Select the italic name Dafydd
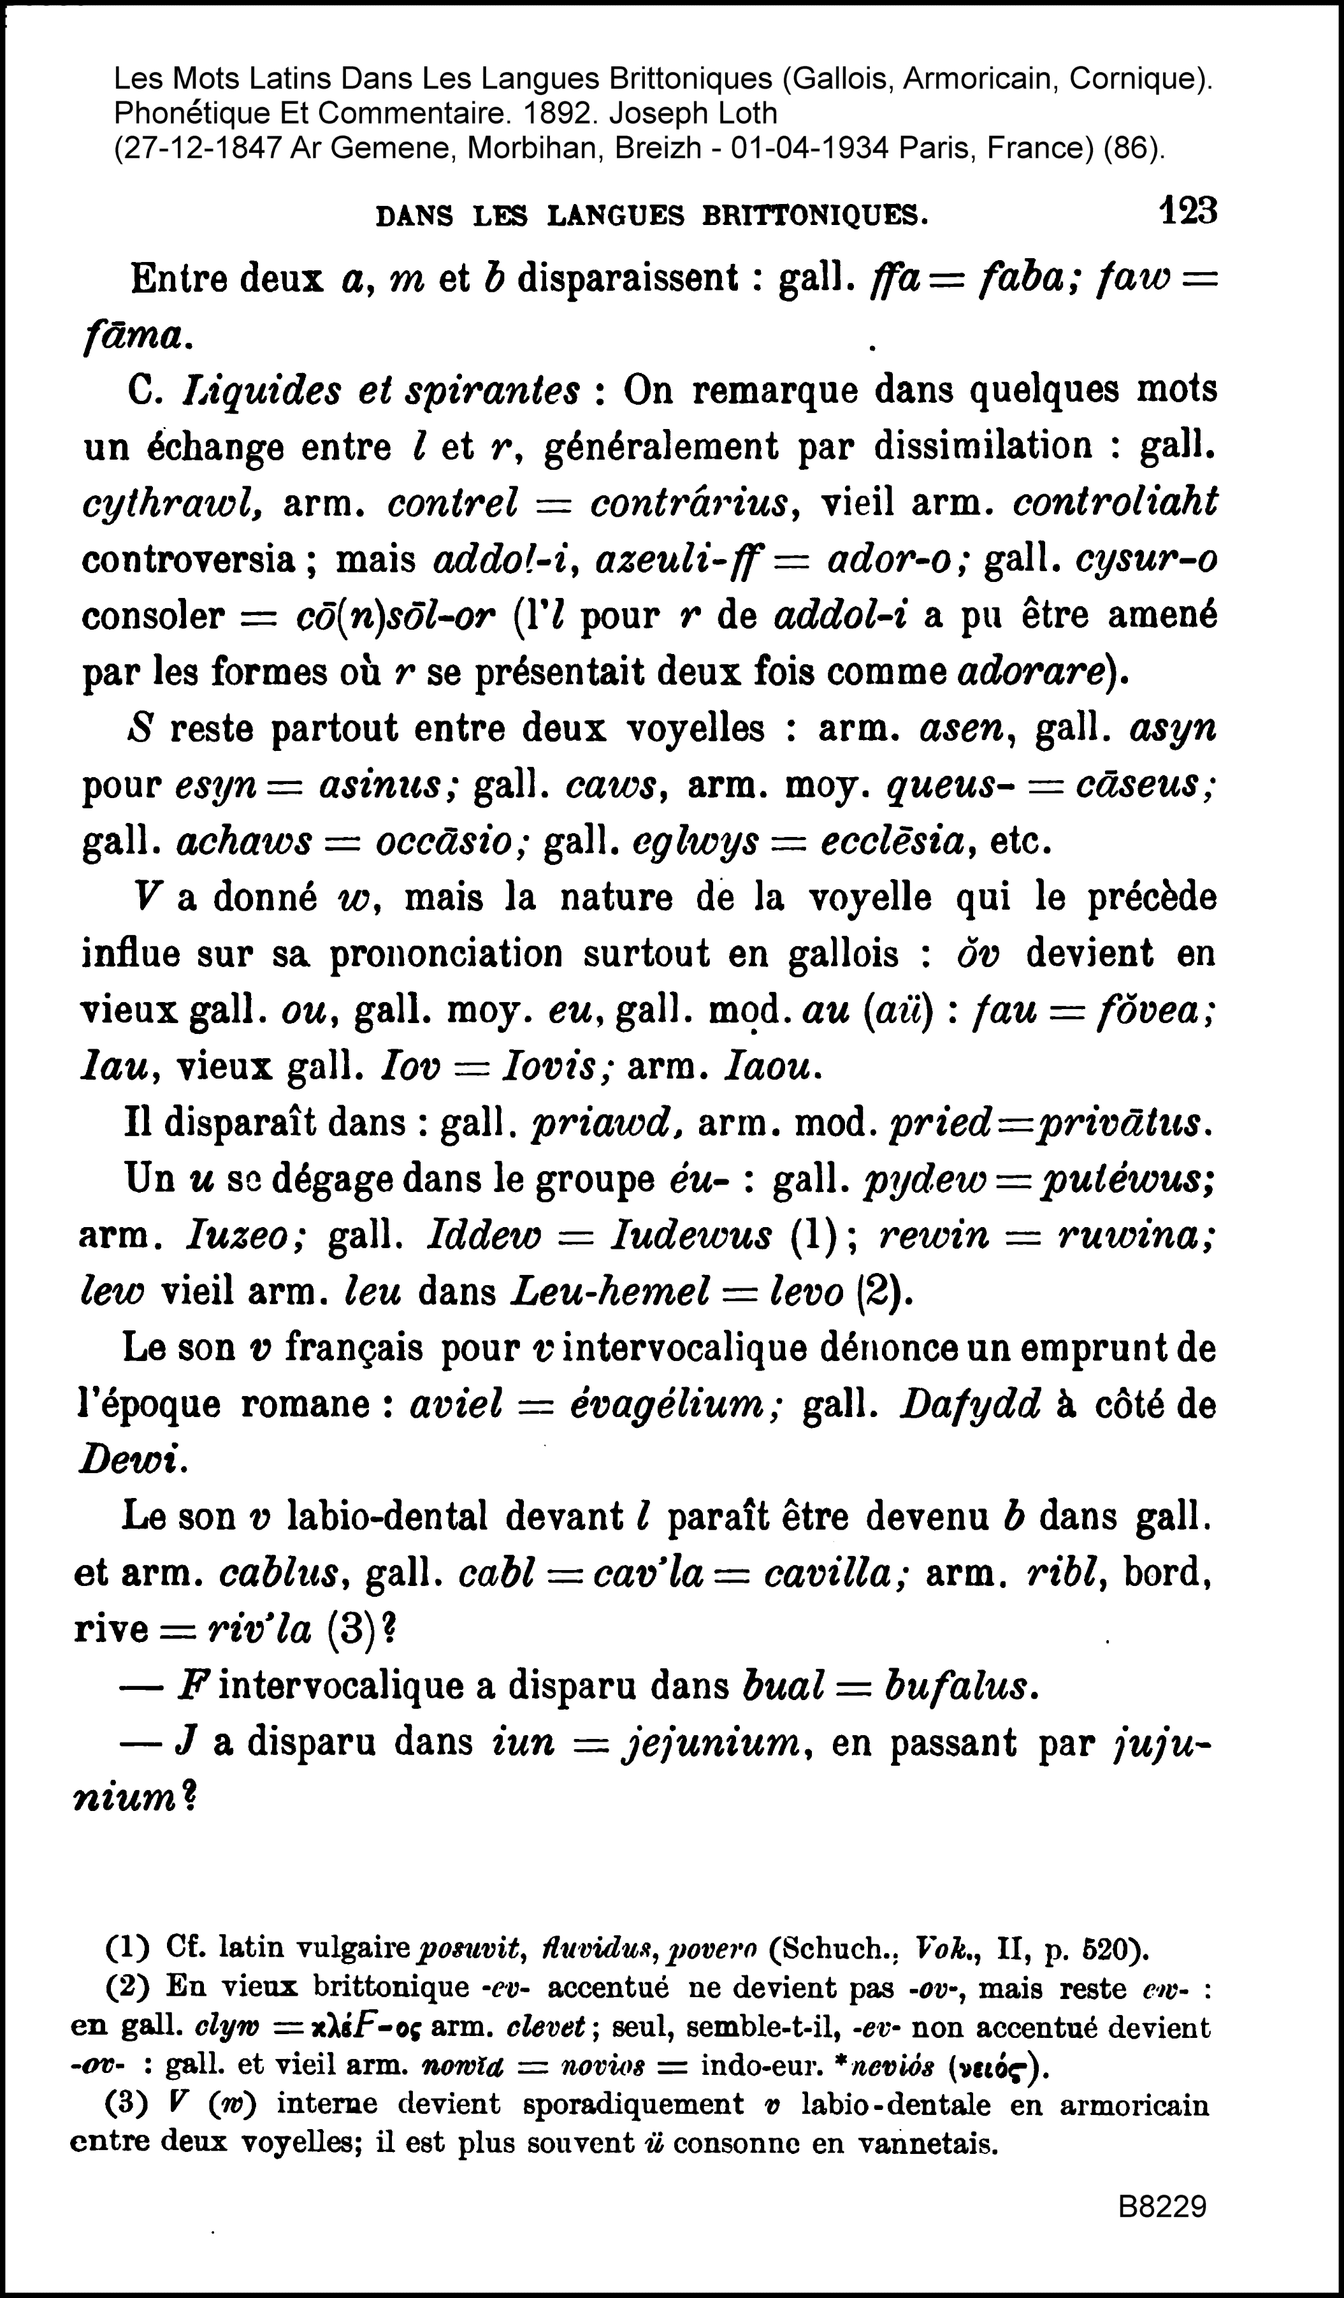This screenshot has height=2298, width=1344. click(970, 1405)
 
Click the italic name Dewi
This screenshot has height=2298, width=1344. click(132, 1461)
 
